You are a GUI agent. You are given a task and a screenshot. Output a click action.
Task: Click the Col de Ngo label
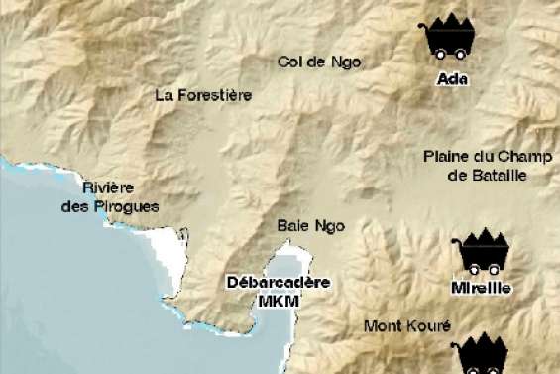coord(319,62)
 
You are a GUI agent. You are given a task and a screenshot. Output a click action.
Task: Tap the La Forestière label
coord(203,95)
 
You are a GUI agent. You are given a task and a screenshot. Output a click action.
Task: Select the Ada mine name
coord(451,79)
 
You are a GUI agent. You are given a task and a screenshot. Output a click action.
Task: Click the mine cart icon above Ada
coord(448,39)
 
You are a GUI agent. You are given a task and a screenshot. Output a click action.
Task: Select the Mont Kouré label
coord(406,325)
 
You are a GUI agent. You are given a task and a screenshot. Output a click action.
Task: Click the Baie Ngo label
coord(310,226)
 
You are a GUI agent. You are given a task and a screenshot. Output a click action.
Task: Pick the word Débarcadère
coord(278,282)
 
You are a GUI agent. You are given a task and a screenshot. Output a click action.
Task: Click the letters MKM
coord(278,300)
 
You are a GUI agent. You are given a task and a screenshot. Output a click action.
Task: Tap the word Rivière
coord(108,187)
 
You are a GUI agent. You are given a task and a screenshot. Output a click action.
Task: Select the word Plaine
coord(444,156)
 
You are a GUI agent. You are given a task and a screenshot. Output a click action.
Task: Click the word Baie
coord(293,226)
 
